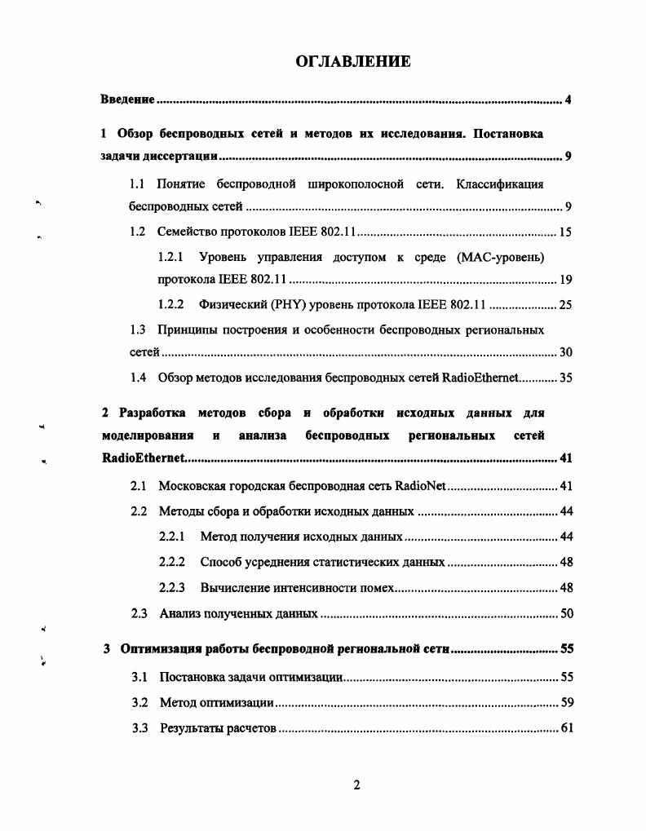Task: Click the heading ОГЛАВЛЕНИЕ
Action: [x=352, y=61]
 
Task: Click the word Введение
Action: [x=127, y=100]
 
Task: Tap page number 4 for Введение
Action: [x=568, y=100]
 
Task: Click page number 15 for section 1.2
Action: [x=565, y=232]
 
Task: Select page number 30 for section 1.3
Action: [x=565, y=353]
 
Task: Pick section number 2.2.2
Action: [x=171, y=563]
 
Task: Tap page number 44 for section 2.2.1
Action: [x=565, y=537]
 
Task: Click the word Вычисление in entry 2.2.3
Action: [x=232, y=588]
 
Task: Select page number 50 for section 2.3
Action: [x=565, y=613]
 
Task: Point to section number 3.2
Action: [x=139, y=702]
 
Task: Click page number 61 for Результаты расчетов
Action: [x=565, y=727]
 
